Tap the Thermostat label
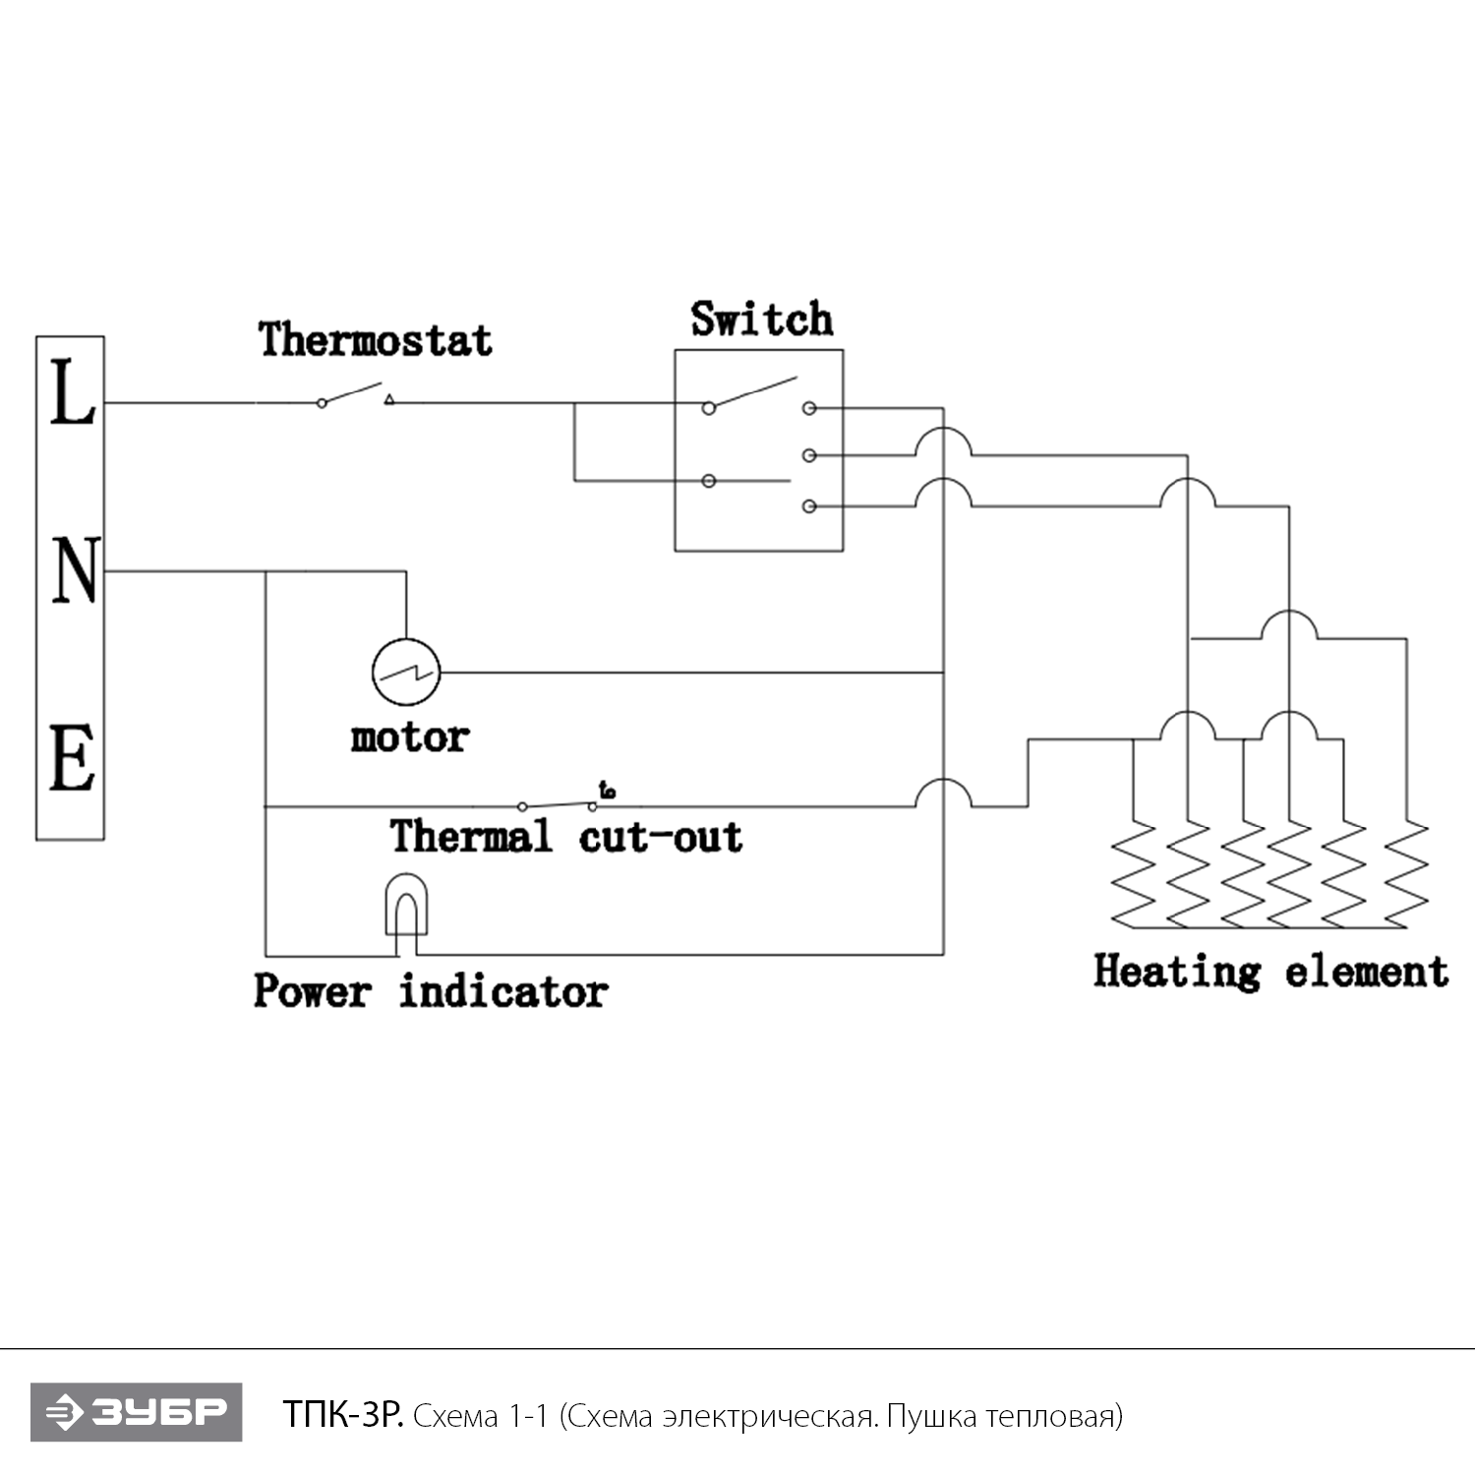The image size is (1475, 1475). (x=375, y=340)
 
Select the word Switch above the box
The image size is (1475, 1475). (x=761, y=320)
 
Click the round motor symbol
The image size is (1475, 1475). (x=405, y=673)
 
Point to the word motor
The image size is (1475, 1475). (x=409, y=737)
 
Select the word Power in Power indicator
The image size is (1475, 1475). (x=313, y=991)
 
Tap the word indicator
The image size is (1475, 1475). (x=502, y=991)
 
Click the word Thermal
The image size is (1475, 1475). (x=470, y=837)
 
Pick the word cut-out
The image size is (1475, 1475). (x=660, y=837)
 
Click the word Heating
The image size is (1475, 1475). (x=1176, y=972)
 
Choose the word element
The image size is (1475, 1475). (x=1366, y=972)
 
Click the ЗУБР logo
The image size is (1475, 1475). (x=136, y=1413)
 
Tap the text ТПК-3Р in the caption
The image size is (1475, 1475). (x=342, y=1415)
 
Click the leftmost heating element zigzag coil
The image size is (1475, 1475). (x=1135, y=873)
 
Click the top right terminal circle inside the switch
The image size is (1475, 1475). (x=809, y=407)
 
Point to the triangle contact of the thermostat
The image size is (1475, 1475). (x=389, y=399)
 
